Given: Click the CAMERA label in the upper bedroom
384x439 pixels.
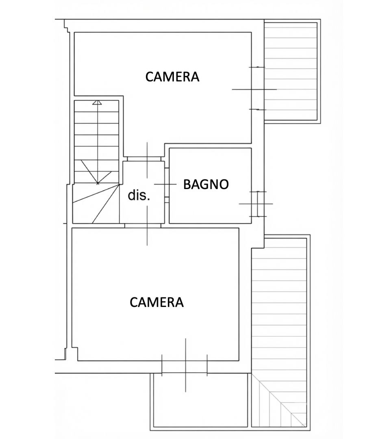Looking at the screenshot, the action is [172, 77].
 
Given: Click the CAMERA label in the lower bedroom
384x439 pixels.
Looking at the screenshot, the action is [156, 302].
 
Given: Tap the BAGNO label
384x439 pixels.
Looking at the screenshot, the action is [206, 184].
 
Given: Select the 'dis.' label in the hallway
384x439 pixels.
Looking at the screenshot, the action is [139, 196].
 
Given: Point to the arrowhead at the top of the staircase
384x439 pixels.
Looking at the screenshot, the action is [97, 102].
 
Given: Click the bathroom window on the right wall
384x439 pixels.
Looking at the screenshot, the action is [258, 204].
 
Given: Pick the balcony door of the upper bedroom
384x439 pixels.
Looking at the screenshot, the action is [258, 89].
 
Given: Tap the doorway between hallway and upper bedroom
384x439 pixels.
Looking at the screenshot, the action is [144, 159].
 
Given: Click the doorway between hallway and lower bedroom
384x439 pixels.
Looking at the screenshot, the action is [143, 225].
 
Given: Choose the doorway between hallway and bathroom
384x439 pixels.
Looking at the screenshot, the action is [167, 185].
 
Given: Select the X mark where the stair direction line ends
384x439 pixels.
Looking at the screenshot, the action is [98, 183].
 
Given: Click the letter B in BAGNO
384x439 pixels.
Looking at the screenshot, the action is [187, 184].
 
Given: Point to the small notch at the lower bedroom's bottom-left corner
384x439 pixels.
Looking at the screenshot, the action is [75, 354].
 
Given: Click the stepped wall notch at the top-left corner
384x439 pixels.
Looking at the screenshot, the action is [67, 26].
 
